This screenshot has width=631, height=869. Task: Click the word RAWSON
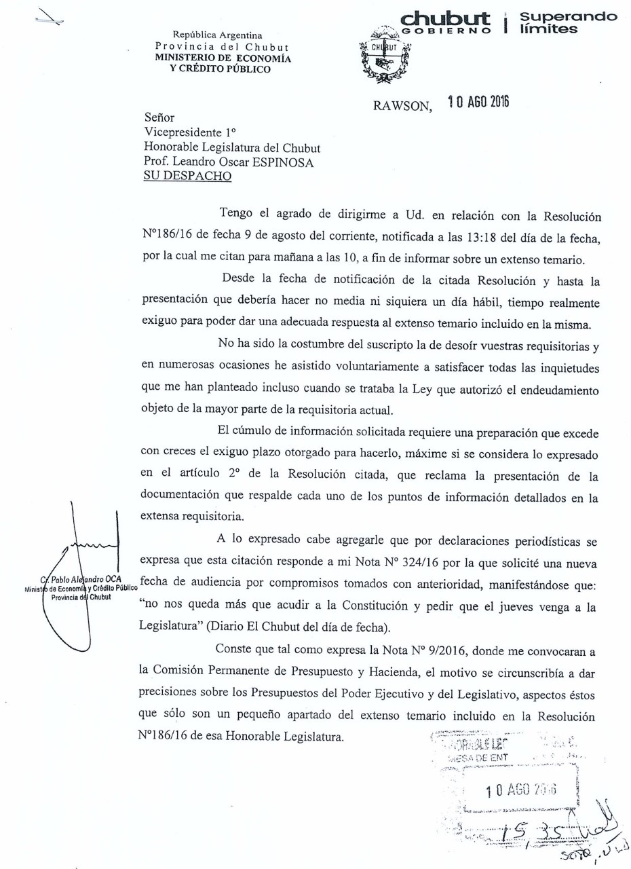[402, 107]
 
